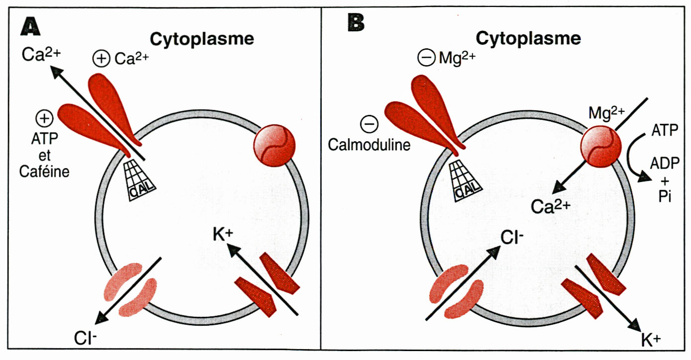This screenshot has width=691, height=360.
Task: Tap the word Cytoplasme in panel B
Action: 528,38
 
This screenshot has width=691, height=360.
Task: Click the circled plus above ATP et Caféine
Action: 45,119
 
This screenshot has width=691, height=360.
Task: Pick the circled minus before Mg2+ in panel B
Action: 426,58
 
